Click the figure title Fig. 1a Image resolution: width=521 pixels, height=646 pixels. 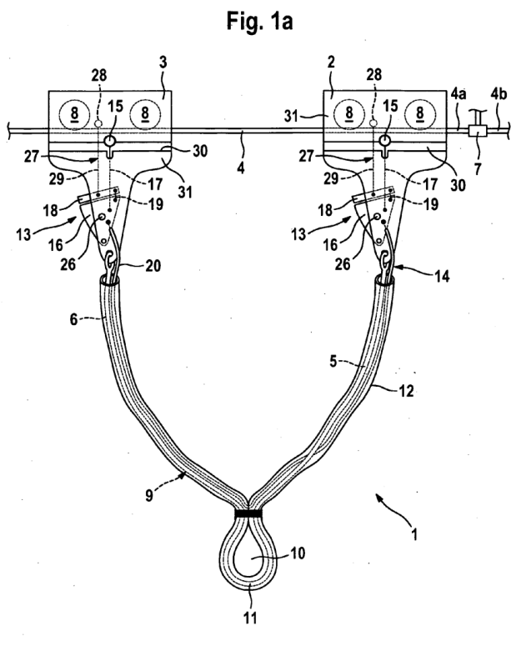(x=260, y=22)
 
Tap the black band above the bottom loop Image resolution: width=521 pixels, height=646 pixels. (x=248, y=513)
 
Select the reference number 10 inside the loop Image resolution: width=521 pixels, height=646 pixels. (x=298, y=553)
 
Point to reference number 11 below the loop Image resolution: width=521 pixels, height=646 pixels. (x=249, y=618)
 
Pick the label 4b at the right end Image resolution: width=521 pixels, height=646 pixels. (x=498, y=95)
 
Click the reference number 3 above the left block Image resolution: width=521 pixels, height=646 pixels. (x=163, y=63)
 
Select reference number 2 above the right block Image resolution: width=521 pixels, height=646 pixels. (x=331, y=63)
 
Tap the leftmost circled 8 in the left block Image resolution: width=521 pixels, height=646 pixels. (x=74, y=113)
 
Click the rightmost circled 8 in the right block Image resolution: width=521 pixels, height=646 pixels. (x=419, y=113)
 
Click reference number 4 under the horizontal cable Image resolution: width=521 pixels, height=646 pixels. (x=241, y=168)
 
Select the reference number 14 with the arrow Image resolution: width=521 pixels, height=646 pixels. (x=442, y=277)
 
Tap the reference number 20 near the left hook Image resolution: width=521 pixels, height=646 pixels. (x=153, y=266)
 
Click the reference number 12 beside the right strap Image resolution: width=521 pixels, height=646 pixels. (x=406, y=391)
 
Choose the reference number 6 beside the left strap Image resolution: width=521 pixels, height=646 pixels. (x=73, y=318)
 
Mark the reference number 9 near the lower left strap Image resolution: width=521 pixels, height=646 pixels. (x=149, y=495)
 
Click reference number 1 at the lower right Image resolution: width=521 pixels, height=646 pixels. (x=414, y=535)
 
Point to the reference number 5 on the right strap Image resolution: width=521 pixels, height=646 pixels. (x=334, y=361)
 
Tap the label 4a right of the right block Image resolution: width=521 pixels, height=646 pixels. (x=458, y=95)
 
